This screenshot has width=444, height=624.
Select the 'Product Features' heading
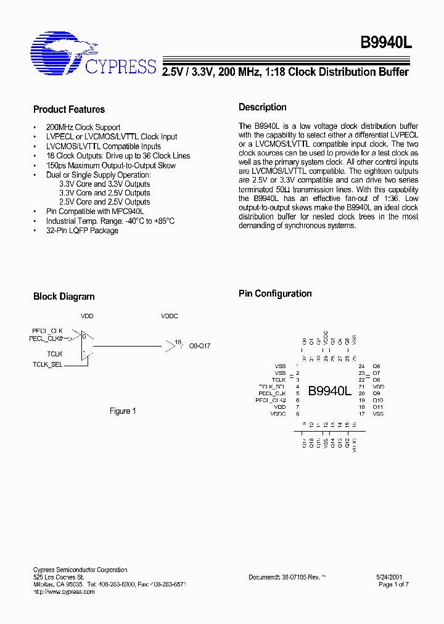[69, 110]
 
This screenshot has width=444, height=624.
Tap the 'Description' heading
[263, 107]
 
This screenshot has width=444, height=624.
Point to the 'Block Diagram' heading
[64, 297]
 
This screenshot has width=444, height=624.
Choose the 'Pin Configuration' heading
[275, 294]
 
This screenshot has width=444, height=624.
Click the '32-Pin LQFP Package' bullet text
[82, 231]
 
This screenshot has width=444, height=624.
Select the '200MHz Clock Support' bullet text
[83, 127]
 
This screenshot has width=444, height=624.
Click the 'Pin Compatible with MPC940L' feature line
[95, 211]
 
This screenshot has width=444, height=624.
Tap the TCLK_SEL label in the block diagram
[47, 365]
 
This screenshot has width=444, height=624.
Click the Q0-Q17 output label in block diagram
[199, 346]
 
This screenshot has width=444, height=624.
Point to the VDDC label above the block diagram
[169, 316]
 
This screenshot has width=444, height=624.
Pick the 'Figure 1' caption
[123, 411]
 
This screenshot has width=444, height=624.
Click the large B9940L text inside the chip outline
[329, 391]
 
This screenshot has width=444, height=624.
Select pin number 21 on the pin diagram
[362, 387]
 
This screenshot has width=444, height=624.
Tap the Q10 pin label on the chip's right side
[378, 400]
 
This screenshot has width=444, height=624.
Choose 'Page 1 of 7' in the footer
[393, 584]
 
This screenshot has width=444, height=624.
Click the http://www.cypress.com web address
[64, 591]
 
